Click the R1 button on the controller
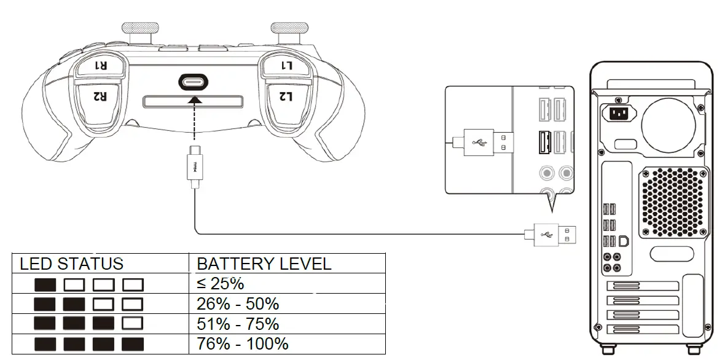[100, 65]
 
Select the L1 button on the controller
[287, 65]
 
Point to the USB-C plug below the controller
[194, 166]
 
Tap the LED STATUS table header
[71, 264]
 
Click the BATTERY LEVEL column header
[264, 264]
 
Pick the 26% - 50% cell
[237, 303]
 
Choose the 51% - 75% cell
[237, 323]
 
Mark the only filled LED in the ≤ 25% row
[45, 285]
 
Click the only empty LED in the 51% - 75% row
[133, 324]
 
